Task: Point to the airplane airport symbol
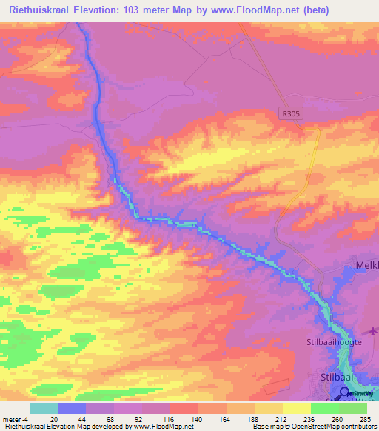[x=373, y=331]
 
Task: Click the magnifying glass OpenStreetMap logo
[x=345, y=394]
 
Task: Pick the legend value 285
[x=363, y=418]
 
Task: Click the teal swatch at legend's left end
[x=43, y=407]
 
